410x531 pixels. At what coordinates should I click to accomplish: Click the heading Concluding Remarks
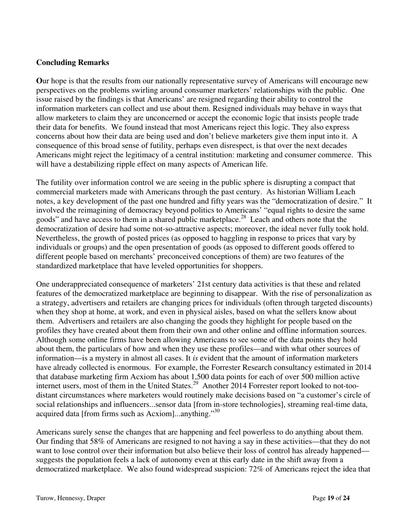click(73, 63)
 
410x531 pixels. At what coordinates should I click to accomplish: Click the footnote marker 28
click(243, 217)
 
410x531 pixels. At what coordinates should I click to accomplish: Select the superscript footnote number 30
click(217, 411)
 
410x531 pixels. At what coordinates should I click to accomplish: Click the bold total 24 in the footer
click(346, 498)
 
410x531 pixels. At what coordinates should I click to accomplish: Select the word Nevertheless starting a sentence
click(57, 238)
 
